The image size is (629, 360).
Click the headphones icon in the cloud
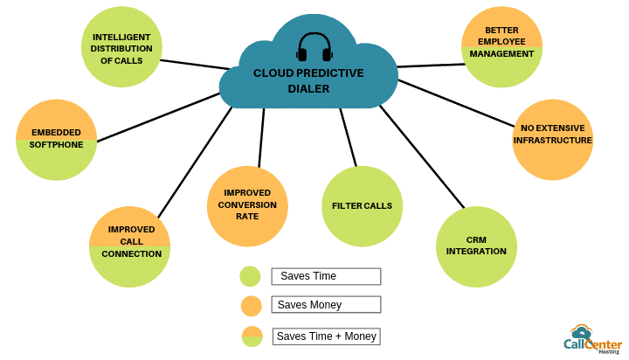coord(314,47)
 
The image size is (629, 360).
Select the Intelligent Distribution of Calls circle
coord(121,46)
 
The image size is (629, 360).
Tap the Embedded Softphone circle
coord(57,139)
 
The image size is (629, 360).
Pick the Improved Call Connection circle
coord(130,246)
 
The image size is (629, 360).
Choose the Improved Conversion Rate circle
coord(247,204)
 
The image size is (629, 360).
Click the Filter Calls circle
coord(362,206)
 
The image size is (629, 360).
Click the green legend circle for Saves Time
coord(251,276)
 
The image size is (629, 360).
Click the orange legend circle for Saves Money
coord(251,305)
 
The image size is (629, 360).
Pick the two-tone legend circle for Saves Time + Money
coord(252,336)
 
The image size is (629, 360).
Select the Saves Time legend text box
coord(326,276)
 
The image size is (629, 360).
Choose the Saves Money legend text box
coord(326,305)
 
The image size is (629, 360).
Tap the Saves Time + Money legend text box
coord(326,336)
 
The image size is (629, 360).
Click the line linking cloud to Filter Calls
coord(349,137)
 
